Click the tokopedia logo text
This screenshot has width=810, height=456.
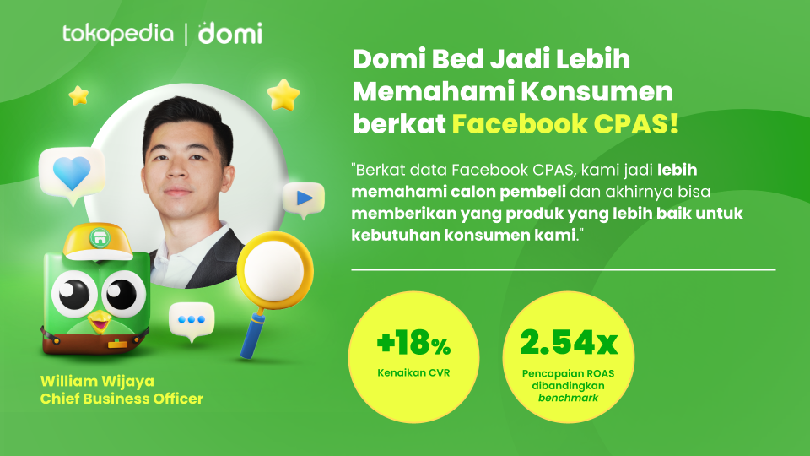[x=118, y=34]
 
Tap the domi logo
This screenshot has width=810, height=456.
[x=229, y=33]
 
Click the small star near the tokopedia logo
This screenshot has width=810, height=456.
[x=78, y=95]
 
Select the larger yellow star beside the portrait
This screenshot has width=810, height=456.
[x=283, y=95]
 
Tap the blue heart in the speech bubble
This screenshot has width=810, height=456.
[x=72, y=173]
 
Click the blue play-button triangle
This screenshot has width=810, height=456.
[x=305, y=198]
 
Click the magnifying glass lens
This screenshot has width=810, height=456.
[x=274, y=270]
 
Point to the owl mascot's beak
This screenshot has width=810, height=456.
[x=99, y=322]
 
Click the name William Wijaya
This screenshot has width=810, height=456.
[x=97, y=381]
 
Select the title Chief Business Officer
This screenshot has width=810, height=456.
[x=121, y=399]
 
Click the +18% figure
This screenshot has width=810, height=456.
[x=413, y=343]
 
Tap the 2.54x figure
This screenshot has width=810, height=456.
[x=569, y=342]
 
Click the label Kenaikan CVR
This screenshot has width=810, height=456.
[x=413, y=372]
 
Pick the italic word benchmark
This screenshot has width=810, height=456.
[x=568, y=398]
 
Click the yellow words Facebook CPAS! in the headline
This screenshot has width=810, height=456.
[x=564, y=124]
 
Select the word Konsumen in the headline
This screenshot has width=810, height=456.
[x=597, y=91]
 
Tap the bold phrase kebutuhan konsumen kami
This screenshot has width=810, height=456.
[x=463, y=236]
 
